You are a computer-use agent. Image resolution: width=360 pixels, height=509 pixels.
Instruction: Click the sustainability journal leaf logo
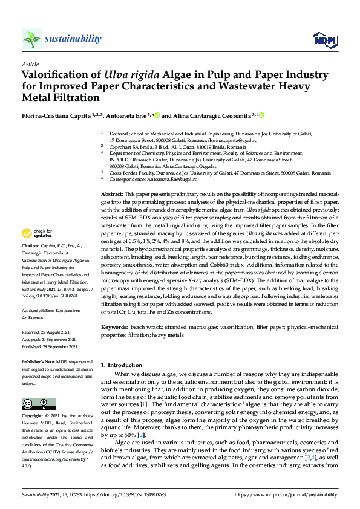(x=32, y=39)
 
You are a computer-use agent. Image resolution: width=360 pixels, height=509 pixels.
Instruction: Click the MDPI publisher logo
(x=323, y=40)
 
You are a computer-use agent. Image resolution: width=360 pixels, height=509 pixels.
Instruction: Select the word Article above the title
(x=30, y=64)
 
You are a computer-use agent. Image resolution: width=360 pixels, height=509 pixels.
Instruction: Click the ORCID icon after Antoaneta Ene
(x=159, y=115)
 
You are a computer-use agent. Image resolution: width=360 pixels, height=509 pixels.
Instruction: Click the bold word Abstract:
(x=113, y=192)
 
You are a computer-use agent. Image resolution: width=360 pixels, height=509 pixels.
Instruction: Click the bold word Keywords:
(x=115, y=327)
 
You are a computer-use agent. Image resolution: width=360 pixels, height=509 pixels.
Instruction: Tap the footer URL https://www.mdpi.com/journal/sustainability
(x=285, y=494)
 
